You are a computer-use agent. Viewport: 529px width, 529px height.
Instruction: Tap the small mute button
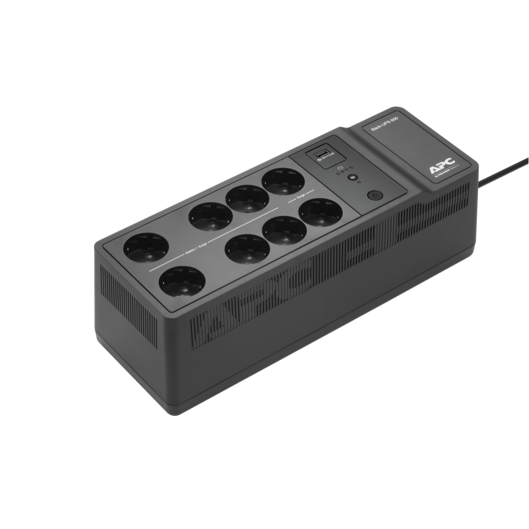tap(351, 178)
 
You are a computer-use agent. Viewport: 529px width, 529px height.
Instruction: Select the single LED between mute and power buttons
tap(358, 183)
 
